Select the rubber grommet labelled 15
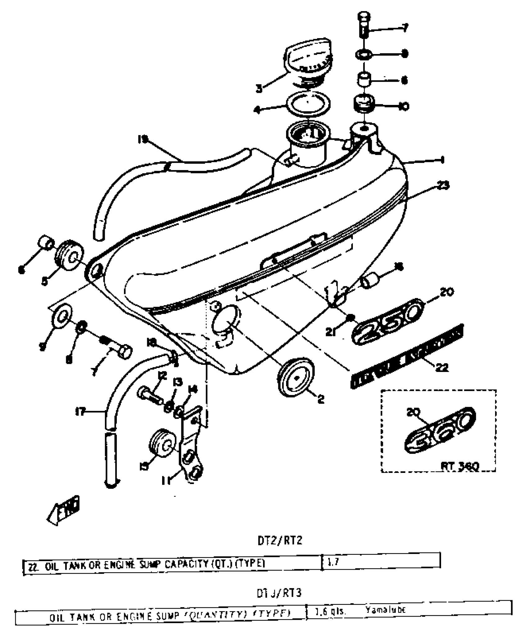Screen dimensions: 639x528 (161, 444)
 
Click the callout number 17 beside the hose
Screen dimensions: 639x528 (81, 412)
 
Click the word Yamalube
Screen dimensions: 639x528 (385, 610)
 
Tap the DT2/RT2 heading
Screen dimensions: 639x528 (280, 541)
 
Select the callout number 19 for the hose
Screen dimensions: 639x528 (143, 140)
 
